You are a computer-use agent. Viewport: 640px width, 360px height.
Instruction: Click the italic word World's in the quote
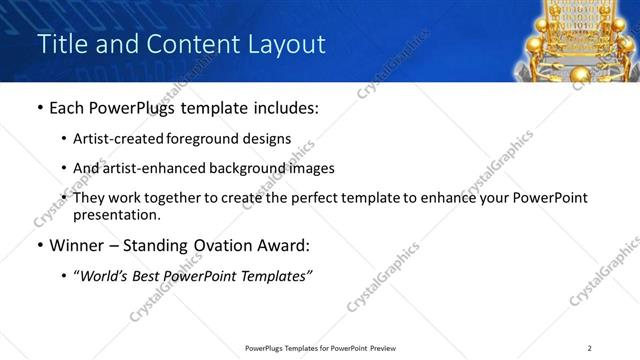(105, 275)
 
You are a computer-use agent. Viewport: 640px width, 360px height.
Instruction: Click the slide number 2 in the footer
(589, 348)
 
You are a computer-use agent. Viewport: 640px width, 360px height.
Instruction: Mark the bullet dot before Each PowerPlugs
(39, 109)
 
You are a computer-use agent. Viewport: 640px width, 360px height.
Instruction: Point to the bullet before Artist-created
(64, 140)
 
